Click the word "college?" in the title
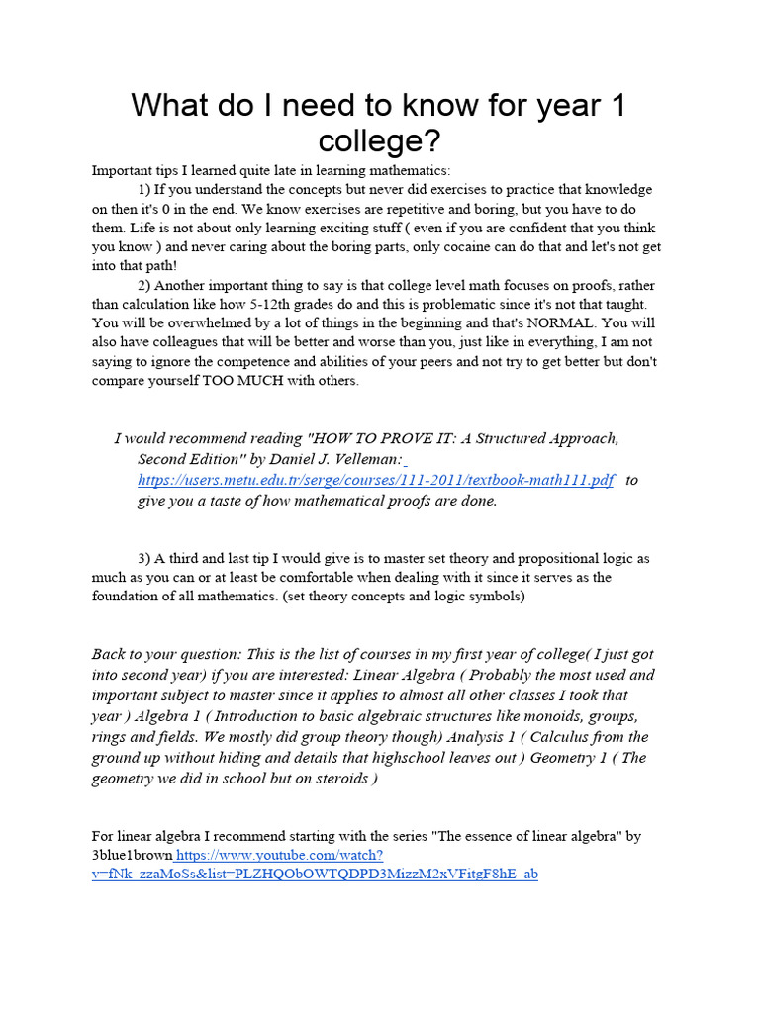click(x=379, y=139)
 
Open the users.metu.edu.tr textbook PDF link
click(x=375, y=480)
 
